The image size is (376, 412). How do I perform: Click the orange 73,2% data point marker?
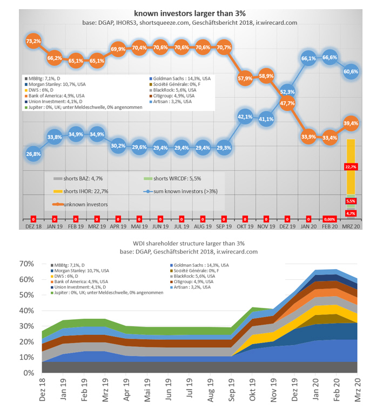pos(33,41)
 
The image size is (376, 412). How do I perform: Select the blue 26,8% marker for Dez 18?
pos(33,154)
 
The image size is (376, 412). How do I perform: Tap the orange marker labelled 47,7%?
pos(287,103)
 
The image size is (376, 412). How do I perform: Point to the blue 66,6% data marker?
pos(330,58)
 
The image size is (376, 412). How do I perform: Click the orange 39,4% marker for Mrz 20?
pos(351,123)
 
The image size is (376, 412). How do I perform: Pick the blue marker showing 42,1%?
pos(245,116)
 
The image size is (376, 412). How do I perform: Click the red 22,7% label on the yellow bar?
pos(351,167)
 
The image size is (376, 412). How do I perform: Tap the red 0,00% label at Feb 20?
pos(330,219)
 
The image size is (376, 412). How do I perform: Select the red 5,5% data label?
pos(351,201)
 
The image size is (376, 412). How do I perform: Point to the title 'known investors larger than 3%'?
pos(188,12)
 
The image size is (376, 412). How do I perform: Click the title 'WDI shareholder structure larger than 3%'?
pos(188,243)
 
